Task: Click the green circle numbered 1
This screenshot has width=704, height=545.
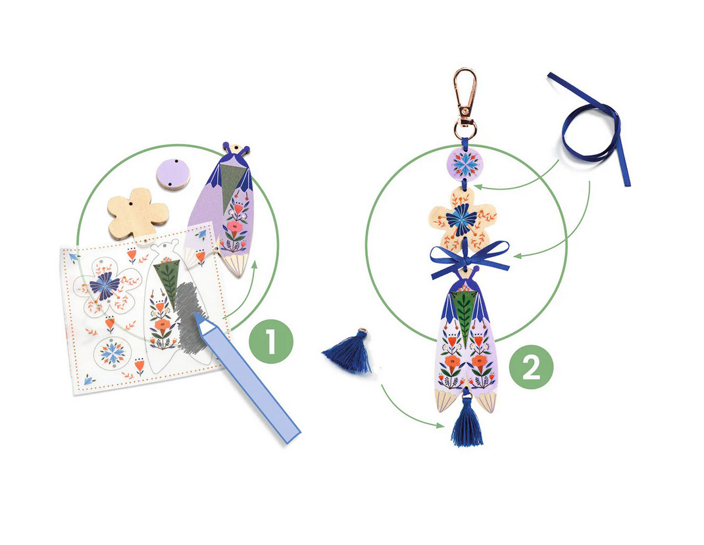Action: click(x=270, y=341)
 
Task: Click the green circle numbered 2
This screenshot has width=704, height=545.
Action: click(x=531, y=367)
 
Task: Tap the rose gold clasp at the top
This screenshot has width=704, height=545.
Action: click(x=465, y=103)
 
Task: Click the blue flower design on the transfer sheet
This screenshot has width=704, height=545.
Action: click(x=105, y=286)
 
